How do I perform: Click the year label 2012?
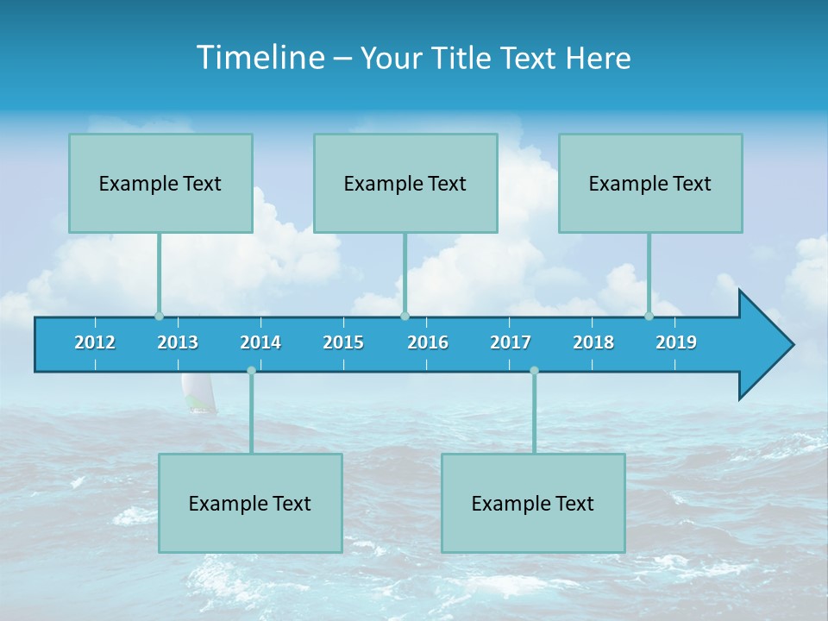[x=95, y=342]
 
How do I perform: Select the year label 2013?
[x=178, y=342]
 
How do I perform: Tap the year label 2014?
[x=260, y=342]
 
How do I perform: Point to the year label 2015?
[x=343, y=342]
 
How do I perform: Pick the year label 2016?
[x=428, y=342]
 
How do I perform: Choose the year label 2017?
[x=511, y=342]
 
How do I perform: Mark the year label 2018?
[x=593, y=342]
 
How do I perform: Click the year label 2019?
[x=676, y=342]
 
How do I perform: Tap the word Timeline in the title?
[x=260, y=58]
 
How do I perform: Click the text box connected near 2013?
[x=160, y=183]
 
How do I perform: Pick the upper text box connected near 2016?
[x=405, y=183]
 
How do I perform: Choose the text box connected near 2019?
[x=650, y=183]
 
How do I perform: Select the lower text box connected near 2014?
[x=250, y=503]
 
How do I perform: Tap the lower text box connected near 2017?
[x=533, y=503]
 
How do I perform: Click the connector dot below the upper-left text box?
[x=159, y=316]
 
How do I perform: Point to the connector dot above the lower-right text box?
[x=534, y=371]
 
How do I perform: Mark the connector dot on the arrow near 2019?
[x=649, y=316]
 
